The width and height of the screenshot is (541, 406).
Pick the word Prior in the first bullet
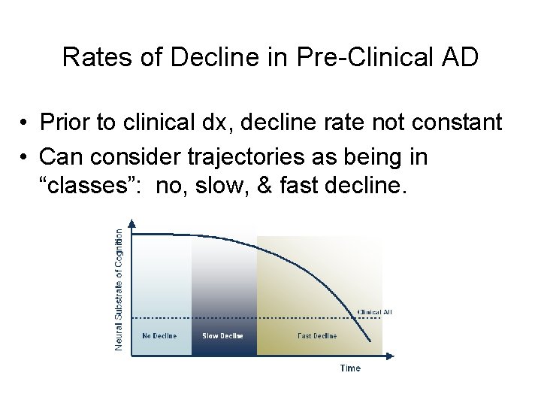click(x=65, y=122)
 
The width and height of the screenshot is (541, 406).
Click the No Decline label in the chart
click(x=159, y=336)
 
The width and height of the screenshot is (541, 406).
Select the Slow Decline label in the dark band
click(x=222, y=336)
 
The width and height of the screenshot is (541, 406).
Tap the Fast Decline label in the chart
click(x=317, y=336)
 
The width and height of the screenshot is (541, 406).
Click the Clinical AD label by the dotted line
click(x=374, y=312)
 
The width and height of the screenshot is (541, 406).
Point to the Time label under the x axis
click(x=350, y=368)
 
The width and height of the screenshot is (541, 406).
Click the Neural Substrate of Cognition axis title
click(x=119, y=289)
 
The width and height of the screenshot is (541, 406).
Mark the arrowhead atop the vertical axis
click(x=132, y=223)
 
